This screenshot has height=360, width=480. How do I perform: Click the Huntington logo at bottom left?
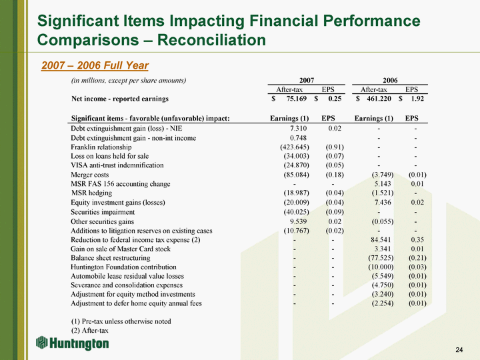[x=72, y=343]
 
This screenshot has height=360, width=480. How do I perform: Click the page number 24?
[x=458, y=350]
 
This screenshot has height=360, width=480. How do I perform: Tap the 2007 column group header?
[x=307, y=80]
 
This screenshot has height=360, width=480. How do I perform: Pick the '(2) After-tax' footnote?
[x=89, y=330]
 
